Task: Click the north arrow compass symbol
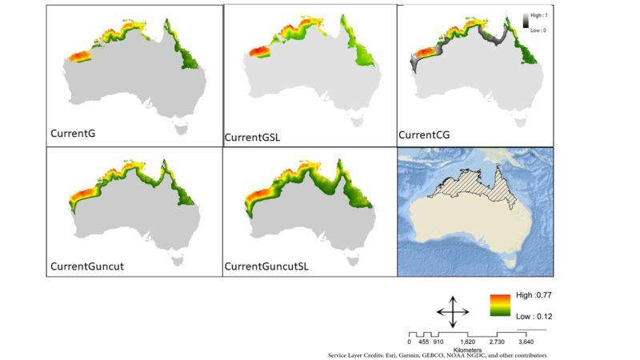coord(452,310)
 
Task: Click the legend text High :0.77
coord(534,295)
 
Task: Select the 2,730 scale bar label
coord(497,342)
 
